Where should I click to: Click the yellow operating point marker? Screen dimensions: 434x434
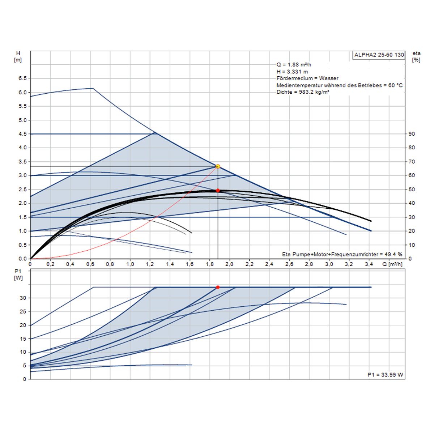point(218,166)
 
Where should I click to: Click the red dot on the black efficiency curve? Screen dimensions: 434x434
point(218,190)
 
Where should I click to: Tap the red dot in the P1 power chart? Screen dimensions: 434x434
point(218,287)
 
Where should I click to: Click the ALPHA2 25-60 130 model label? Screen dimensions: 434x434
point(379,55)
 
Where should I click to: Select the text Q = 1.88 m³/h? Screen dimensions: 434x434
point(294,65)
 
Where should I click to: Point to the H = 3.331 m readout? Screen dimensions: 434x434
point(292,72)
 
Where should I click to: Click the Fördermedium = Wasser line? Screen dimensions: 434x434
point(307,78)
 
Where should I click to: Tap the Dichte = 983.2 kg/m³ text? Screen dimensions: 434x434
point(303,92)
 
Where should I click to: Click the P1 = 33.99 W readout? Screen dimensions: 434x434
point(385,375)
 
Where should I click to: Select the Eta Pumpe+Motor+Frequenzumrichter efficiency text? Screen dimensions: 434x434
point(342,254)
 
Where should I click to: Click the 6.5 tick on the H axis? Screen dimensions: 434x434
point(22,78)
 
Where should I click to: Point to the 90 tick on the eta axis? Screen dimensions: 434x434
point(412,134)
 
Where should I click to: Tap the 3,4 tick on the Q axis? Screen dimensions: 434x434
point(369,265)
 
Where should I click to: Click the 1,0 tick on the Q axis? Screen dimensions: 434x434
point(130,265)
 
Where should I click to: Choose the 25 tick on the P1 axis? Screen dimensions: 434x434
point(23,311)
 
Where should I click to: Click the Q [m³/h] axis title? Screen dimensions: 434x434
point(393,265)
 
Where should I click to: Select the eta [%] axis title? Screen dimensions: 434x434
point(416,57)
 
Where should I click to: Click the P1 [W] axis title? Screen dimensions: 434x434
point(18,275)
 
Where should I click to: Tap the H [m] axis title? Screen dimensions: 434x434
point(18,57)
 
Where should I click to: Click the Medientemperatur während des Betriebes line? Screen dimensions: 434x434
point(339,85)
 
